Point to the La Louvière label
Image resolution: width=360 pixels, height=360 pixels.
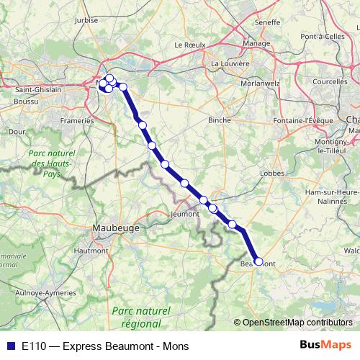click(230, 63)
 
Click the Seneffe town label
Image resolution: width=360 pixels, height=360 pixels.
click(267, 23)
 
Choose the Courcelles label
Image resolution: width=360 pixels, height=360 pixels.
click(330, 81)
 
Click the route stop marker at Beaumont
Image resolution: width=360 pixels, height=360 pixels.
click(258, 262)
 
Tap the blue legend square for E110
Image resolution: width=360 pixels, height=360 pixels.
click(10, 346)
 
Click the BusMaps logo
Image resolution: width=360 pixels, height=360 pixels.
click(326, 346)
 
